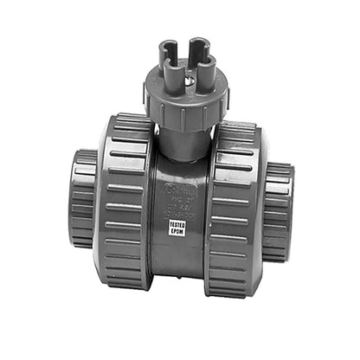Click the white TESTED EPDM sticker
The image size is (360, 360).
tap(179, 228)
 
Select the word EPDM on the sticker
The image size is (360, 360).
tap(179, 233)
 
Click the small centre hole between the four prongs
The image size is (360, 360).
tap(183, 61)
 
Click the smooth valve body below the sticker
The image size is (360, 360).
tap(179, 260)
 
